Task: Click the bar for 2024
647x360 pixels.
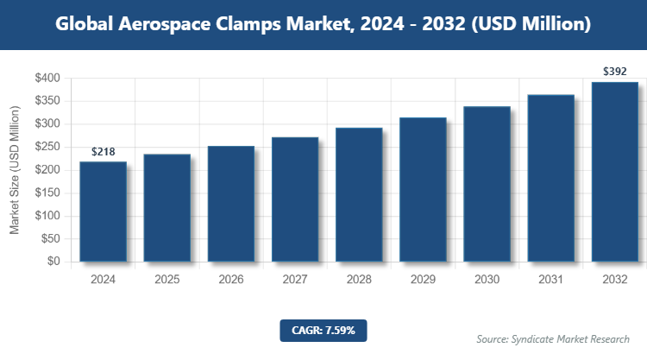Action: click(103, 212)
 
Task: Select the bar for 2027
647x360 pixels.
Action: click(295, 199)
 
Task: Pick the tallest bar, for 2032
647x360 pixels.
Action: click(615, 172)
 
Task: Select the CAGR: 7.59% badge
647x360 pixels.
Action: click(323, 329)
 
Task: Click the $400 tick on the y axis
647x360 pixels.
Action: click(47, 79)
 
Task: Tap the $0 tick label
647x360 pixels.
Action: click(53, 262)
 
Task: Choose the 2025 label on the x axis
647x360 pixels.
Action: click(166, 280)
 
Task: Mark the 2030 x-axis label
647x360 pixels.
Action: click(487, 280)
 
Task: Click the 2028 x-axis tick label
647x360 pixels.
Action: click(359, 280)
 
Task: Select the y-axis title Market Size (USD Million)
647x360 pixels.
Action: click(15, 170)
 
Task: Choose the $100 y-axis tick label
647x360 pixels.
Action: click(47, 216)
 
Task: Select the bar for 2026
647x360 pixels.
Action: click(230, 204)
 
